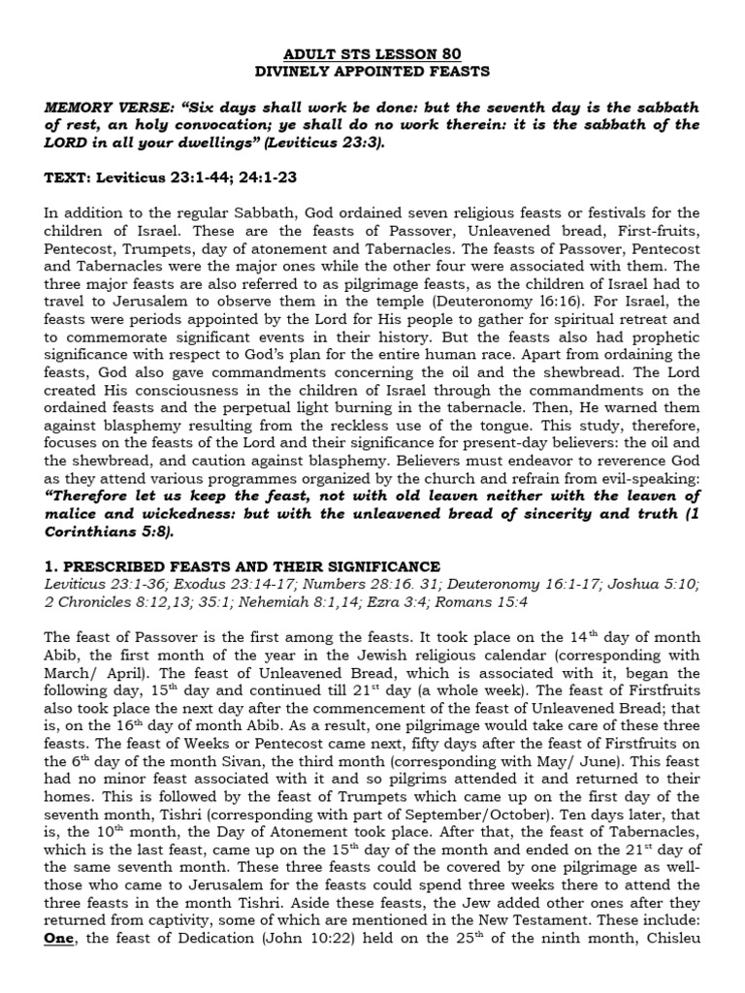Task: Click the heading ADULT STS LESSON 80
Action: [x=372, y=53]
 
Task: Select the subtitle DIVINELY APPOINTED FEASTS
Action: [x=372, y=71]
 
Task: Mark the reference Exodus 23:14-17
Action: [x=209, y=585]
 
